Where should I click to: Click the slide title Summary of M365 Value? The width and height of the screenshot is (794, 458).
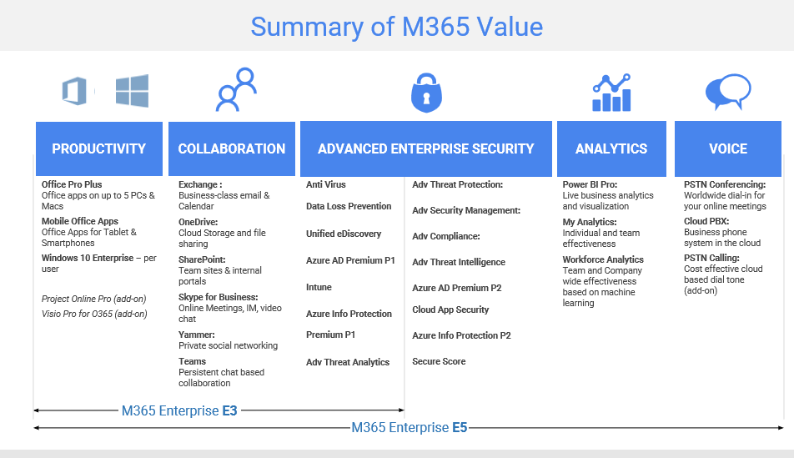click(x=396, y=27)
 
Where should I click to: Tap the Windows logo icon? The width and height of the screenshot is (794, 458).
click(x=132, y=91)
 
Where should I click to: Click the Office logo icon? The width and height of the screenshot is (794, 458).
click(x=74, y=91)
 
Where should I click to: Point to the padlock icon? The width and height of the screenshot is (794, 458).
click(x=426, y=93)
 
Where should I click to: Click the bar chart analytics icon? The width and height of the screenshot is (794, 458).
click(x=611, y=93)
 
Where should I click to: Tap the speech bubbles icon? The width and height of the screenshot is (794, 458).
click(x=728, y=92)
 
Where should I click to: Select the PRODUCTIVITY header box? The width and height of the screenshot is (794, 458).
click(x=99, y=149)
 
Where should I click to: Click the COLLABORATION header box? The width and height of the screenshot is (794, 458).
click(x=232, y=149)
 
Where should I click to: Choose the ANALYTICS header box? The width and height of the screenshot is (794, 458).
click(x=611, y=149)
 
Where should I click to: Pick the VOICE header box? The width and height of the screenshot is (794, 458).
click(x=728, y=149)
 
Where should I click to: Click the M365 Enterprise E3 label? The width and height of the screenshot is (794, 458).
click(x=179, y=410)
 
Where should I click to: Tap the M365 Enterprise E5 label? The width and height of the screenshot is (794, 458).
click(x=410, y=428)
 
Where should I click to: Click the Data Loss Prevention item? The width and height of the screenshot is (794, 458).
click(x=349, y=206)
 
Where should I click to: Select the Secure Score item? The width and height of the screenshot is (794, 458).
click(x=439, y=361)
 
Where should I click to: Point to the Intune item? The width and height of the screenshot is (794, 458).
click(x=319, y=287)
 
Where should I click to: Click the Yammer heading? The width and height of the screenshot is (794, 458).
click(x=197, y=335)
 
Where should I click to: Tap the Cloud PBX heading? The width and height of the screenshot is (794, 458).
click(x=706, y=221)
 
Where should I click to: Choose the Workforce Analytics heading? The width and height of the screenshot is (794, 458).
click(x=603, y=259)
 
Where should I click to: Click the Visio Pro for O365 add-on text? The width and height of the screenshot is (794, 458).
click(x=94, y=315)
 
